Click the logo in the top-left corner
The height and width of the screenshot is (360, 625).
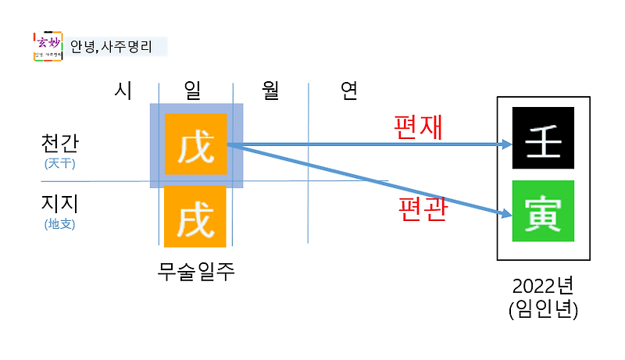pos(48,46)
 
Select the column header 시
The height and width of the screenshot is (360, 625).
pos(122,91)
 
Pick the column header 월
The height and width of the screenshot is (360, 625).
pos(271,91)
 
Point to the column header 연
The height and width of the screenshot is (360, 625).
pos(348,91)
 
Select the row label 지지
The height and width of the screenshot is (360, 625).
pos(60,204)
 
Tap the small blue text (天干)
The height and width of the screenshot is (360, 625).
pos(60,164)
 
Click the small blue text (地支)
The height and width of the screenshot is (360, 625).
pos(60,225)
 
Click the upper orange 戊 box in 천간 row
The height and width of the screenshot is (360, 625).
pos(195,144)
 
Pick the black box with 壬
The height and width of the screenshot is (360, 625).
pos(543,138)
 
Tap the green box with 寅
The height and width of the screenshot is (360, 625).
pos(543,211)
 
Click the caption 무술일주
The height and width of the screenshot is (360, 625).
pos(196,272)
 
